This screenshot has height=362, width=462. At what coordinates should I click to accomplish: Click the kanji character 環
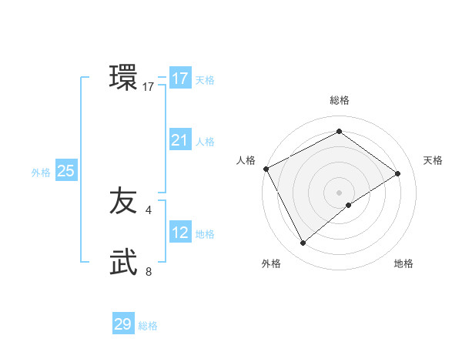coord(124,78)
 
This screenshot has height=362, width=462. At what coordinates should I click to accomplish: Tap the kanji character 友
coord(124,202)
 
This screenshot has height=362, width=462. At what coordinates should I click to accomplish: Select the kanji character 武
coord(124,263)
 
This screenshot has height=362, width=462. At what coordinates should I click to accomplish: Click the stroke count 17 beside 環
coord(149,88)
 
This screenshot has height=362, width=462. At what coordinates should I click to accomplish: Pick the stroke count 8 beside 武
coord(149,271)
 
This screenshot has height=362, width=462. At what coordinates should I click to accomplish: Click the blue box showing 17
coord(179,79)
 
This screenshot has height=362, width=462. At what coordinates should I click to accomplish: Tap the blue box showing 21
coord(179,140)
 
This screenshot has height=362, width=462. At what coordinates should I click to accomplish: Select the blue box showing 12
coord(179,233)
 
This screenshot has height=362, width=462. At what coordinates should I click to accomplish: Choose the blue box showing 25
coord(65,171)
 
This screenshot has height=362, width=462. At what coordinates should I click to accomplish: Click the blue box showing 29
coord(123,324)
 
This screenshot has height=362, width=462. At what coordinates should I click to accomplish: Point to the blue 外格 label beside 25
coord(41,173)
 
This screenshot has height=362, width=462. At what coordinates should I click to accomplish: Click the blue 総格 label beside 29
coord(148,326)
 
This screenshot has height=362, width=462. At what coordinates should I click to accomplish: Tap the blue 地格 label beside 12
coord(205,234)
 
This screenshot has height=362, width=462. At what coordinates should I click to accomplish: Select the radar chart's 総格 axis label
coord(340,100)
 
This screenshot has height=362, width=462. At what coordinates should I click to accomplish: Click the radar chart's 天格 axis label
coord(433,160)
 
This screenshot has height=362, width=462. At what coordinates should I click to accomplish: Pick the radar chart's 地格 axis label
coord(403,263)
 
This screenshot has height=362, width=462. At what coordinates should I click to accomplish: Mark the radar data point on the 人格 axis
coord(266,169)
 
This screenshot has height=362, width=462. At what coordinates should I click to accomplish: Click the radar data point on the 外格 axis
coord(303,243)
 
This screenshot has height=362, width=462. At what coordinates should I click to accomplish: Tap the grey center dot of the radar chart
coord(339,192)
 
